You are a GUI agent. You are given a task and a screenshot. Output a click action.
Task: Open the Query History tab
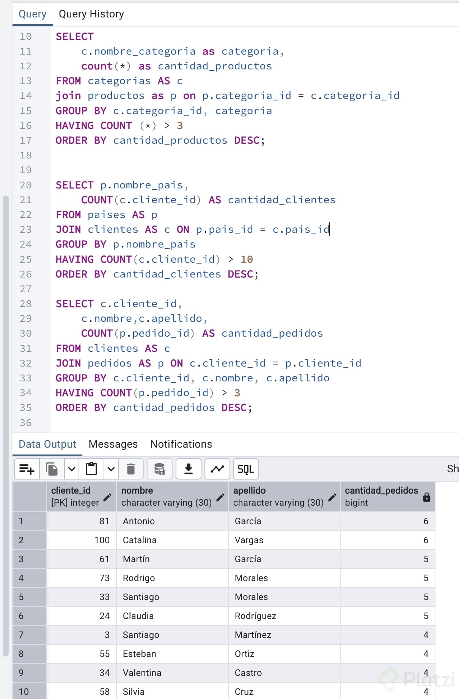(91, 14)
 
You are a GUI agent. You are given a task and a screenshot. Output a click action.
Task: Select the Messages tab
(113, 444)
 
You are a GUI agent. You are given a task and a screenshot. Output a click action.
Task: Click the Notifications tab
(181, 444)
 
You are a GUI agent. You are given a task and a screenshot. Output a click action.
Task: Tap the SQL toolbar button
(246, 469)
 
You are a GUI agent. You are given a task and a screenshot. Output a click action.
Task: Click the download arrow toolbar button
(188, 469)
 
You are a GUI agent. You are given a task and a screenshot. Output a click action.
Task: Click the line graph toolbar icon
(217, 469)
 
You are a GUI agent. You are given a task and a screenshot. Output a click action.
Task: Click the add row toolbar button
(27, 469)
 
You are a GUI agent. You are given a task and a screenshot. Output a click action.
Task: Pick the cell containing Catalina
(140, 540)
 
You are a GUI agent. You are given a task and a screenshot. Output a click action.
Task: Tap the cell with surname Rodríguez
(255, 616)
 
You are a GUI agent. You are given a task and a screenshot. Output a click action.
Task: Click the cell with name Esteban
(139, 654)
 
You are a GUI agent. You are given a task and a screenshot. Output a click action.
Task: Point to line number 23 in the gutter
(26, 230)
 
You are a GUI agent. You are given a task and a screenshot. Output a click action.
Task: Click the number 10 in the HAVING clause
(247, 259)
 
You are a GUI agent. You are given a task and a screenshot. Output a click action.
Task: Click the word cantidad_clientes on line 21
(282, 200)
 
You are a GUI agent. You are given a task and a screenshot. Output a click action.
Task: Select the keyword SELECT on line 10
(75, 36)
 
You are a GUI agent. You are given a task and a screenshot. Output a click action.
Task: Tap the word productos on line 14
(116, 96)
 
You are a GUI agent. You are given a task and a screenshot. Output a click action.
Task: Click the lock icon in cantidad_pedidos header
(427, 497)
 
